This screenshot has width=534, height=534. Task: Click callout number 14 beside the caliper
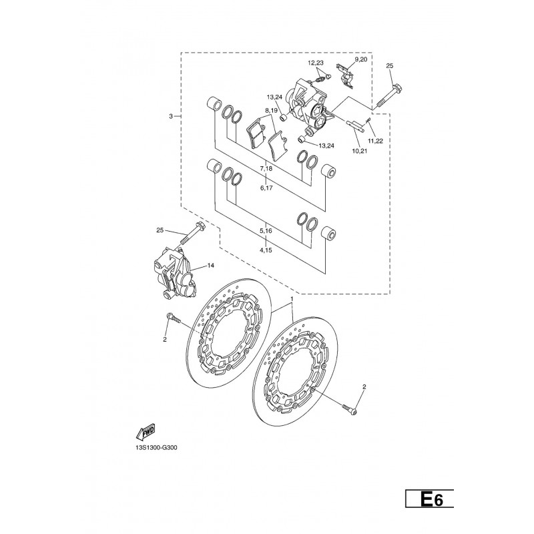click(210, 265)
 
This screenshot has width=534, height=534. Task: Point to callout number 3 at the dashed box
click(171, 116)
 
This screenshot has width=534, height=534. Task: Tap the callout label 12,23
click(316, 63)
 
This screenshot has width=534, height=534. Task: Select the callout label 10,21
click(360, 151)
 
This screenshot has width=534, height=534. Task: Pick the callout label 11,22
click(375, 141)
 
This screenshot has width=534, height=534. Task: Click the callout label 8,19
click(272, 110)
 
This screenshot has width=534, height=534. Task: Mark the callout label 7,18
click(266, 168)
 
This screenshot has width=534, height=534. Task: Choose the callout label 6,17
click(266, 188)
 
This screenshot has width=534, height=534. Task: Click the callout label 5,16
click(266, 230)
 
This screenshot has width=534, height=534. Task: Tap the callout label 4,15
click(266, 250)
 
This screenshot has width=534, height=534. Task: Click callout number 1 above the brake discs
click(292, 298)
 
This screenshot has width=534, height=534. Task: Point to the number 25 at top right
click(390, 65)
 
